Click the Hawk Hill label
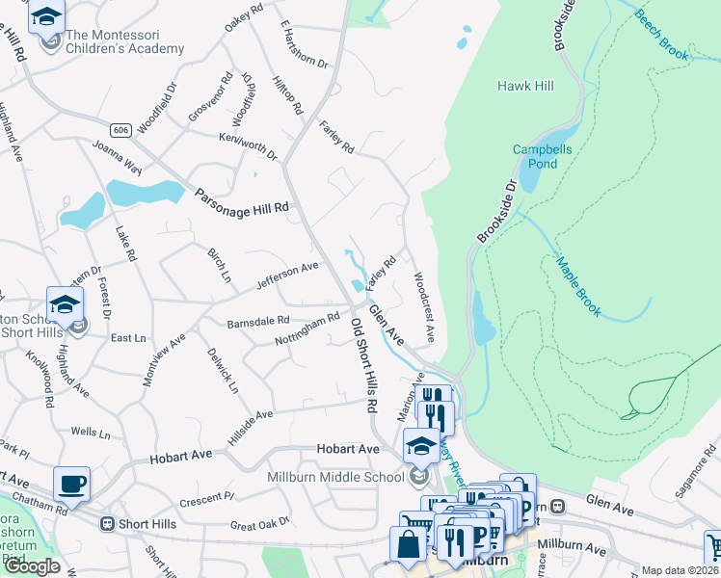[x=525, y=86]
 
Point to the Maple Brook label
[x=577, y=286]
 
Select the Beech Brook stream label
[x=661, y=37]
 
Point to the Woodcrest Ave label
[x=423, y=307]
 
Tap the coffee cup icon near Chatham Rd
[x=73, y=484]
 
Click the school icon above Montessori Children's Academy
[x=45, y=16]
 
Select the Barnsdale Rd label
[x=257, y=321]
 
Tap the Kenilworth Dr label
[x=248, y=146]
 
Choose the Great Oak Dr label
[x=260, y=526]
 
